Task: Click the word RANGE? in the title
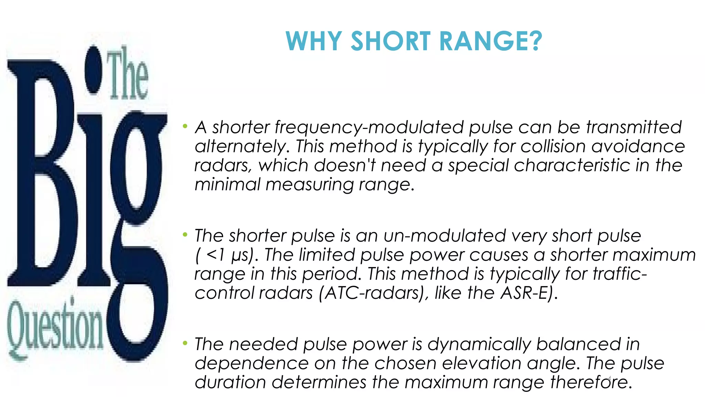click(491, 41)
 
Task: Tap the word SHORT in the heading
click(390, 41)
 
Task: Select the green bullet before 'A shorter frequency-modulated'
click(185, 126)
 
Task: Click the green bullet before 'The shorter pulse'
click(185, 235)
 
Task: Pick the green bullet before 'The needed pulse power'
click(185, 343)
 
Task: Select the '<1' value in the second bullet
click(216, 255)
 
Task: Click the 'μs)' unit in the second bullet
click(245, 255)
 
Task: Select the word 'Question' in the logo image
click(55, 327)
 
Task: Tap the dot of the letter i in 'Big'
click(93, 71)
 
